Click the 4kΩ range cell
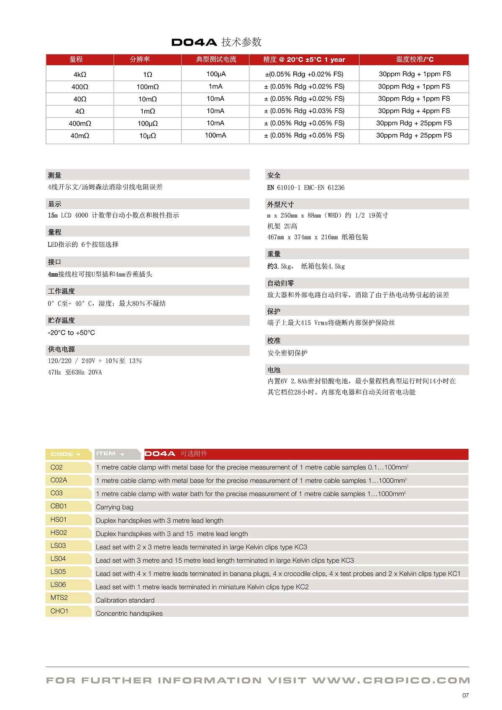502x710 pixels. (x=79, y=74)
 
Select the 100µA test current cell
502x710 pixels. (x=215, y=74)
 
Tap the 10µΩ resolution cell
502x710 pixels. (x=147, y=136)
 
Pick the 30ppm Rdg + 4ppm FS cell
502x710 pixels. (x=414, y=111)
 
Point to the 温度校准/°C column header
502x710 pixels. (x=415, y=59)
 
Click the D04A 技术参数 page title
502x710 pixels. (x=216, y=42)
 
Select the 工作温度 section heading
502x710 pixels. (x=61, y=291)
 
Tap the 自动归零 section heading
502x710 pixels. (x=281, y=283)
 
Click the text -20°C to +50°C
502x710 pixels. (x=72, y=333)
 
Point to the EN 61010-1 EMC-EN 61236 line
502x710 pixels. (x=306, y=187)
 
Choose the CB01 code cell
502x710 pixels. (x=59, y=506)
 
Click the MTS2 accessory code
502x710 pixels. (x=59, y=598)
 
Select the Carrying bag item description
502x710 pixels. (x=115, y=507)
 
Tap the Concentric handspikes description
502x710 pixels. (x=129, y=613)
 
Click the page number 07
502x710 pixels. (x=466, y=695)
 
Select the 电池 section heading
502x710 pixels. (x=274, y=370)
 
